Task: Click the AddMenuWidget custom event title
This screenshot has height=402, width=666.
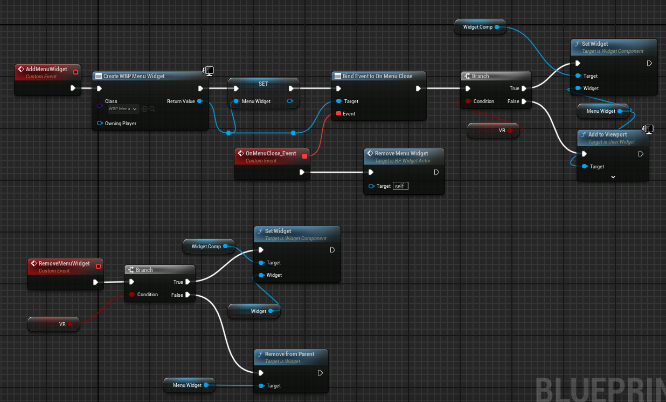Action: [x=46, y=69]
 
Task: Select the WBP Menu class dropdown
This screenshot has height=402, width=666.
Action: [x=123, y=109]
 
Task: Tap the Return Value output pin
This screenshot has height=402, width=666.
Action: [x=200, y=101]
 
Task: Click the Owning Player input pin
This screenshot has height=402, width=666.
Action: [x=100, y=123]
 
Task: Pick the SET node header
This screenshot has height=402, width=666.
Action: [x=263, y=84]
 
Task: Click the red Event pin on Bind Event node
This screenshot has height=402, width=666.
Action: [x=338, y=113]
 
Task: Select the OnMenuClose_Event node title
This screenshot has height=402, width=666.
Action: [x=270, y=153]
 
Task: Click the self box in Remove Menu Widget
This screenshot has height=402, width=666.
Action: [x=400, y=186]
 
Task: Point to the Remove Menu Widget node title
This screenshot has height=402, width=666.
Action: [x=401, y=153]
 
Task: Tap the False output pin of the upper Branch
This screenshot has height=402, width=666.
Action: [x=524, y=101]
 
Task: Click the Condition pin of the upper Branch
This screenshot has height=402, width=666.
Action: [x=468, y=101]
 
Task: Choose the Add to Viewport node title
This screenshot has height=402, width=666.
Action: [x=607, y=134]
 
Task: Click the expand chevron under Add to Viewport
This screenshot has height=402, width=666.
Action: [x=613, y=177]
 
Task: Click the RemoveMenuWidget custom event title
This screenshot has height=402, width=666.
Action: [x=64, y=263]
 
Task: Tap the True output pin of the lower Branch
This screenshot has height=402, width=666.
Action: [x=188, y=282]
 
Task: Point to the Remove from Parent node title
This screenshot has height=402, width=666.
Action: [x=289, y=354]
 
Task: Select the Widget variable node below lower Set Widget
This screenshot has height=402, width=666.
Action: [x=254, y=311]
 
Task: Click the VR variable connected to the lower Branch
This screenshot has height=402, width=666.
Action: [x=53, y=324]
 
